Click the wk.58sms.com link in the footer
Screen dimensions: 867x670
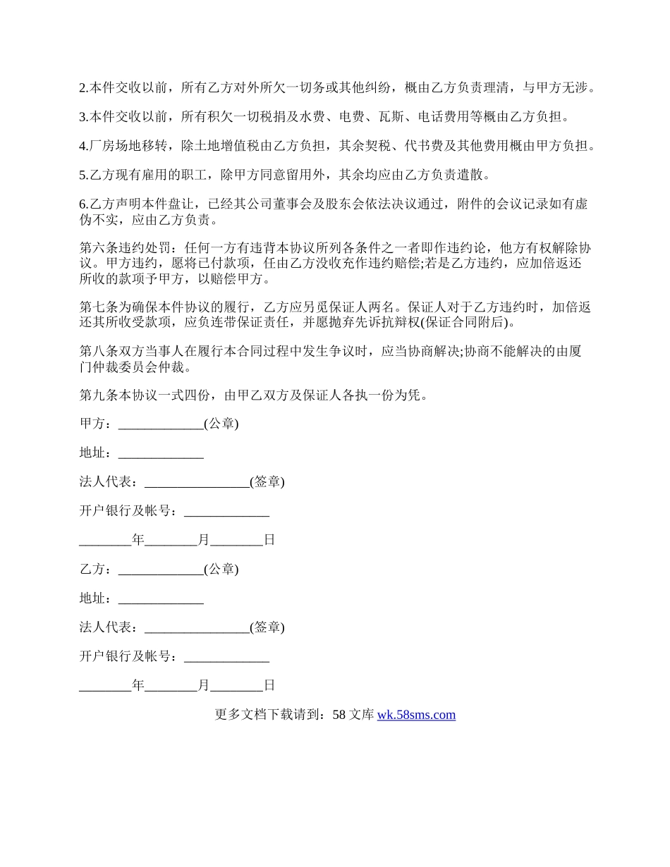pyautogui.click(x=416, y=715)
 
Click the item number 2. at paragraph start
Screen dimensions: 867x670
pyautogui.click(x=83, y=88)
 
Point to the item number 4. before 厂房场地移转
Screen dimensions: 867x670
pyautogui.click(x=83, y=146)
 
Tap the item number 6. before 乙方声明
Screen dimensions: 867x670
pyautogui.click(x=83, y=204)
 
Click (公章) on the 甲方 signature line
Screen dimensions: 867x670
pyautogui.click(x=221, y=424)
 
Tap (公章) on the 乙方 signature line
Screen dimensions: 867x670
pyautogui.click(x=221, y=570)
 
